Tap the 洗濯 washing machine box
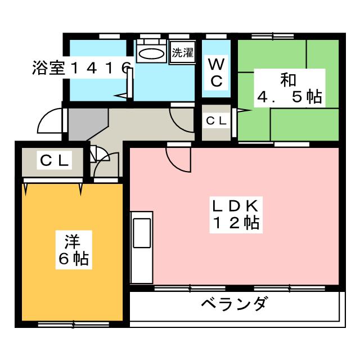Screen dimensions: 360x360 pyautogui.click(x=182, y=55)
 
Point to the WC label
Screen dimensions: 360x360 pyautogui.click(x=216, y=72)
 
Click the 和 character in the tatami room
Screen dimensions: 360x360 pyautogui.click(x=288, y=79)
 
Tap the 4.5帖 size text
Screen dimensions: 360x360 pyautogui.click(x=289, y=97)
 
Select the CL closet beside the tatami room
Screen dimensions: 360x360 pyautogui.click(x=216, y=120)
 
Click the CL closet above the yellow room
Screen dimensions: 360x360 pyautogui.click(x=54, y=161)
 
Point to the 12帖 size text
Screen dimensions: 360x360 pyautogui.click(x=235, y=223)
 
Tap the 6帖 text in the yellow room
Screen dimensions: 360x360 pyautogui.click(x=72, y=259)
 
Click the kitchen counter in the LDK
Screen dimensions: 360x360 pyautogui.click(x=141, y=247)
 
